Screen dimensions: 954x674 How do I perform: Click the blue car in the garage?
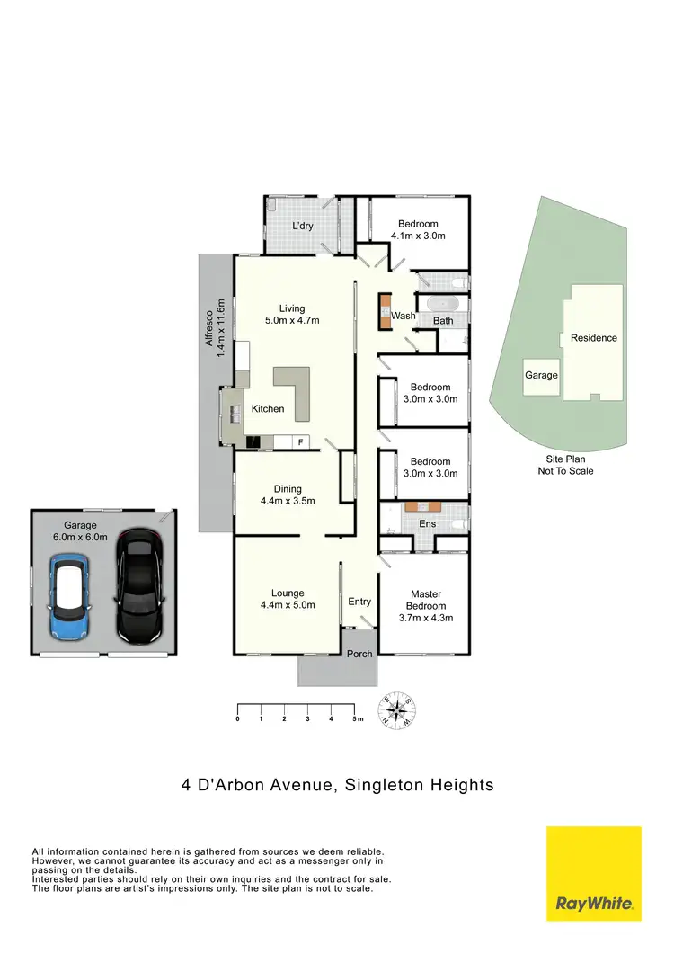click(x=67, y=600)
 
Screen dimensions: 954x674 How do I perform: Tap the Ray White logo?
click(x=594, y=873)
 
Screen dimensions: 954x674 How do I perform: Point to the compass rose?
click(x=396, y=710)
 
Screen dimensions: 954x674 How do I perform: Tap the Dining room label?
click(x=288, y=495)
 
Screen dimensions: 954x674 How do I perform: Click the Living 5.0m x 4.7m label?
click(x=292, y=313)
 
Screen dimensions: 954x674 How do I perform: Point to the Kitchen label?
click(x=267, y=409)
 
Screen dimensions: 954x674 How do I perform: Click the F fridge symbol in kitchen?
click(x=300, y=442)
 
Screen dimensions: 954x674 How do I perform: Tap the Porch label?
click(x=359, y=654)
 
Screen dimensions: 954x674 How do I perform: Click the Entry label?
click(x=359, y=602)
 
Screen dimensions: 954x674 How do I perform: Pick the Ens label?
click(x=428, y=523)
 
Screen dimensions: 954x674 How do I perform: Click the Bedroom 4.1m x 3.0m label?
click(x=418, y=229)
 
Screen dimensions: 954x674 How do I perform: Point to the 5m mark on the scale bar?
click(x=357, y=719)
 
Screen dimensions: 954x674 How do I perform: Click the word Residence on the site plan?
click(x=594, y=338)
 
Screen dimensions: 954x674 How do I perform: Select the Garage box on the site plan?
click(x=541, y=375)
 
